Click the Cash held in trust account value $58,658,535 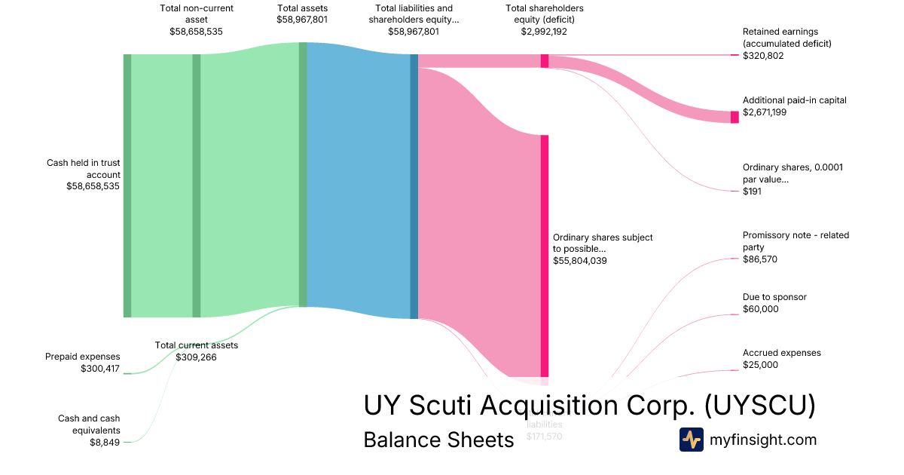[93, 186]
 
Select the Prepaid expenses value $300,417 [100, 369]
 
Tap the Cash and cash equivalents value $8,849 [105, 443]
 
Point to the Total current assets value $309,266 [196, 357]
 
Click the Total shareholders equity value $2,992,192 [545, 32]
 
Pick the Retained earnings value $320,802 [763, 56]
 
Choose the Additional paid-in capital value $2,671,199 [768, 112]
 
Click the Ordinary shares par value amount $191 [752, 192]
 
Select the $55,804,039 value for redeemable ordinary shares [579, 261]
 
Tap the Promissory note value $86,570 [760, 259]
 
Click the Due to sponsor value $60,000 [761, 309]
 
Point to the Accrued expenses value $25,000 [761, 365]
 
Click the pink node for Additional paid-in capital [734, 117]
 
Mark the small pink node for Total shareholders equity [545, 61]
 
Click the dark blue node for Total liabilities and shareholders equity [414, 186]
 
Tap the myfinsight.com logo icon [691, 439]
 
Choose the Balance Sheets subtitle [438, 440]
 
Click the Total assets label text [302, 8]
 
